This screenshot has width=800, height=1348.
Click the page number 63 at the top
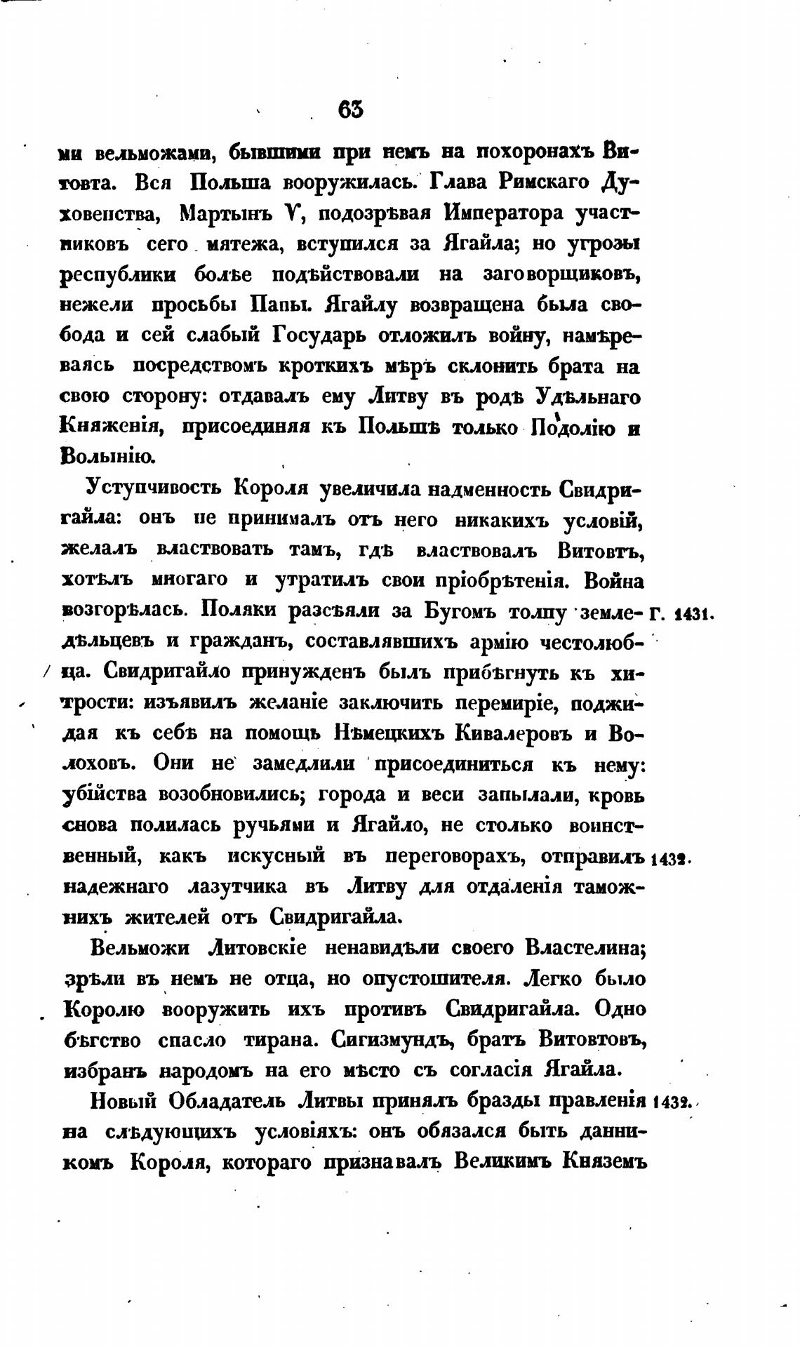(351, 110)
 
